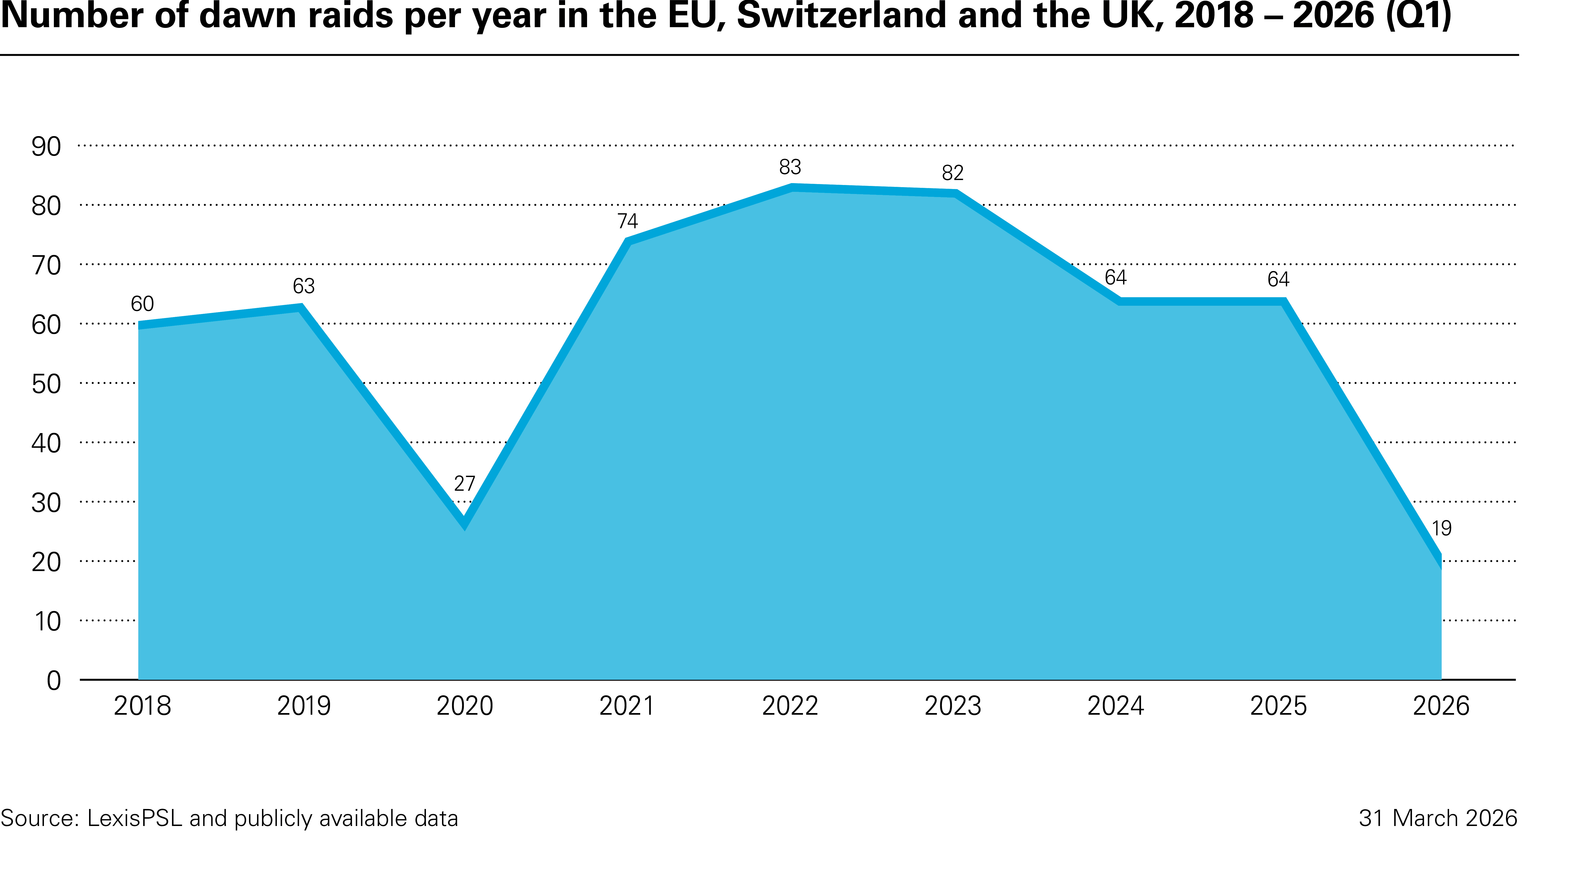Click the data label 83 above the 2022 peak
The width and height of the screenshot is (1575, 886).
coord(790,167)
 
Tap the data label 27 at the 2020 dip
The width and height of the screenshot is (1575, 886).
coord(465,484)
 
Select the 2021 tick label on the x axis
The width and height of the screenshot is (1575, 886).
coord(627,706)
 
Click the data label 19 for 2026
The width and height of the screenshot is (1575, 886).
coord(1441,528)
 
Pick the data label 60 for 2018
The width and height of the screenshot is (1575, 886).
coord(142,304)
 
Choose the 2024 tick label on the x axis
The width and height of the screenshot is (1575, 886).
coord(1115,706)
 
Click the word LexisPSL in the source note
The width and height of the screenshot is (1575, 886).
coord(134,818)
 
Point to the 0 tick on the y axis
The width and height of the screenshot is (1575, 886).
coord(54,680)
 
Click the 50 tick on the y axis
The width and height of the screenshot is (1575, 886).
coord(47,384)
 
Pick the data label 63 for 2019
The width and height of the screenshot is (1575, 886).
coord(304,286)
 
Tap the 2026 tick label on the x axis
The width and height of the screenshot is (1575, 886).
coord(1441,706)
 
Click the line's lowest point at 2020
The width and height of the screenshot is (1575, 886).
coord(465,523)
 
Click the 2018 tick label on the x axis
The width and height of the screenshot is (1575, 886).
coord(142,706)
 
